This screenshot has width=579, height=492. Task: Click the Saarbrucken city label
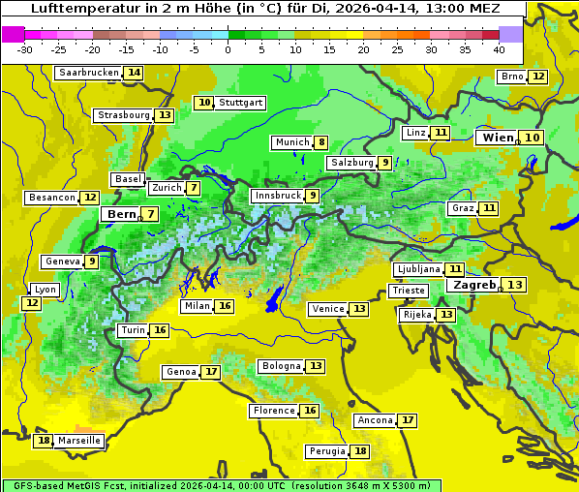tap(89, 73)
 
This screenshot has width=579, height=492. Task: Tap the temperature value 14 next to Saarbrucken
tap(134, 73)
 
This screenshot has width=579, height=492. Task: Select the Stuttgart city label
tap(240, 103)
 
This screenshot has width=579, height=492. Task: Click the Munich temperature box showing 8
tap(321, 142)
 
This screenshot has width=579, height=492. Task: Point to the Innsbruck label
tap(277, 196)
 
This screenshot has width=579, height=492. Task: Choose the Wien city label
tap(499, 138)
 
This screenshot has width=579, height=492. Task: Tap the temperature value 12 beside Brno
tap(538, 77)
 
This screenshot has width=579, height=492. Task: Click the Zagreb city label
tap(474, 285)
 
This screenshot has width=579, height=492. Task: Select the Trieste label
tap(408, 291)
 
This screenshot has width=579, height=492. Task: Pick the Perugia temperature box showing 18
tap(360, 451)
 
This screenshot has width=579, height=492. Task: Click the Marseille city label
tap(79, 441)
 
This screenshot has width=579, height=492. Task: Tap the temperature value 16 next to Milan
tap(225, 306)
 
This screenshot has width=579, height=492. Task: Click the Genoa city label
tap(181, 372)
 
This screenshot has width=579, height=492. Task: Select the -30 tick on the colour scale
tap(25, 49)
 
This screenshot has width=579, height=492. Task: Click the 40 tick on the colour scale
tap(499, 49)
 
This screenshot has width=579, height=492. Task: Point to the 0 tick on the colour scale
tap(229, 49)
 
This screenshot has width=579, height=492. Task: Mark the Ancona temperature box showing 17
tap(408, 420)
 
